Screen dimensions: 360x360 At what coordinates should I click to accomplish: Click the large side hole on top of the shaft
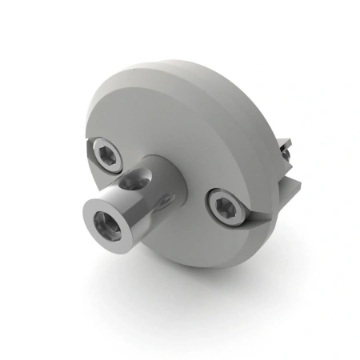click(134, 182)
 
